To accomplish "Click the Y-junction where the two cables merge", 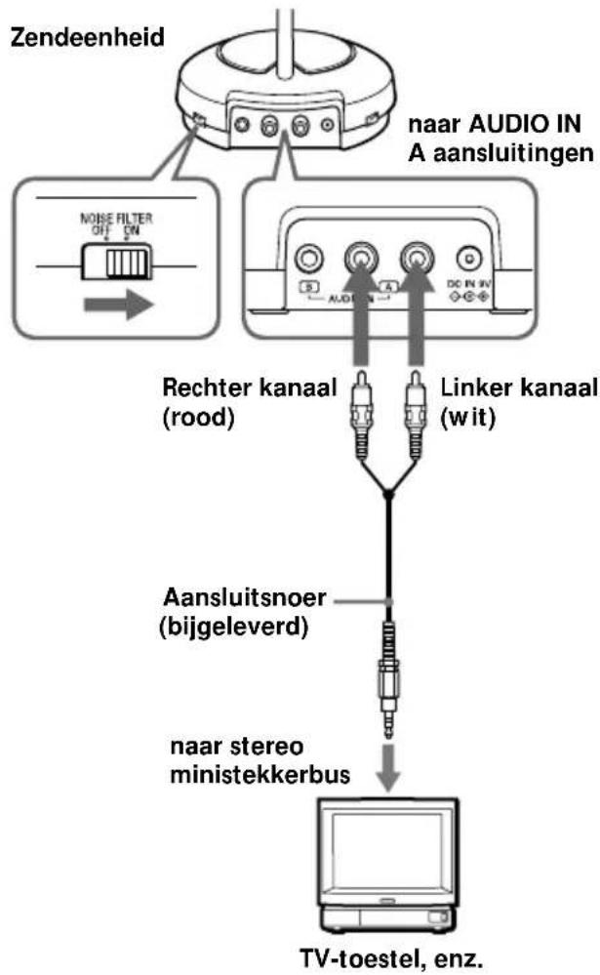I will point(388,495).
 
